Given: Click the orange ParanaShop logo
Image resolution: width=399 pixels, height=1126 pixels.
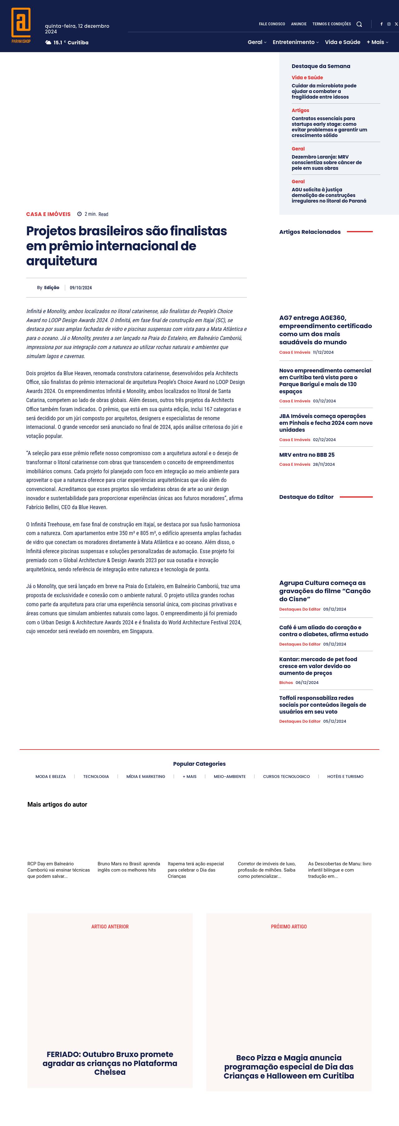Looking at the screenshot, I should pyautogui.click(x=21, y=25).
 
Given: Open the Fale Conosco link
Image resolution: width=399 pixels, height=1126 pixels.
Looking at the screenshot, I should pyautogui.click(x=272, y=24).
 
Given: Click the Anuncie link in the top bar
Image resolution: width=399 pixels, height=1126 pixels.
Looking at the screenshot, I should pyautogui.click(x=299, y=24).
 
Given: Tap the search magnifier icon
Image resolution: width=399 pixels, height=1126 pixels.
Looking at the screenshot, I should pyautogui.click(x=359, y=24).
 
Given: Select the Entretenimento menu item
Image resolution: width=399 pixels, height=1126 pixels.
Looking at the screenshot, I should pyautogui.click(x=293, y=42).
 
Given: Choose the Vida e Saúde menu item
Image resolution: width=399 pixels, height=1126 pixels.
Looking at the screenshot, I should pyautogui.click(x=342, y=42).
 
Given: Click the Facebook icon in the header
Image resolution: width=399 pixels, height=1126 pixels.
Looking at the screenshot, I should pyautogui.click(x=381, y=24).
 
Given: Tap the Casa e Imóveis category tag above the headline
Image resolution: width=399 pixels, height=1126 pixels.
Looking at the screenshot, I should pyautogui.click(x=48, y=214).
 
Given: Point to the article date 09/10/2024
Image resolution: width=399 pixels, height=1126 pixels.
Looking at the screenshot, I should pyautogui.click(x=81, y=288).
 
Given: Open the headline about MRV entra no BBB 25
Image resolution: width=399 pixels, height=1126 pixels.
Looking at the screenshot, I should pyautogui.click(x=306, y=455).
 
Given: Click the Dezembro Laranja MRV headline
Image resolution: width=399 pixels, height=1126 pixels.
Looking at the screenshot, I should pyautogui.click(x=327, y=162).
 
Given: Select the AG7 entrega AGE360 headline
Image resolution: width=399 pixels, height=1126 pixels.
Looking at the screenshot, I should pyautogui.click(x=325, y=330).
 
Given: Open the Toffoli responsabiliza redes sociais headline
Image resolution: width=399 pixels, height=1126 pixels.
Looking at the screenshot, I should pyautogui.click(x=323, y=705).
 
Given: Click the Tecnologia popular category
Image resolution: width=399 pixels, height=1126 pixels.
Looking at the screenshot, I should pyautogui.click(x=96, y=776).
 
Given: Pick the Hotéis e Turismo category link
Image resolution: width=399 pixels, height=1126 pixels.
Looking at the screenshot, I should pyautogui.click(x=345, y=776).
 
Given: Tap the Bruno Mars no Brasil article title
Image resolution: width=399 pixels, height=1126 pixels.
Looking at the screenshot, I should pyautogui.click(x=129, y=867).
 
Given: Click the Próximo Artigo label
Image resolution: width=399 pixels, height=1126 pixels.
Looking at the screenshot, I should pyautogui.click(x=289, y=926).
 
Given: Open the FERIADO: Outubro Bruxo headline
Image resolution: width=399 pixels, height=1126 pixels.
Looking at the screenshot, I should pyautogui.click(x=110, y=1063).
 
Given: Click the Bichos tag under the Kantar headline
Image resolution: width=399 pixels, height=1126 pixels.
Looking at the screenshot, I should pyautogui.click(x=286, y=682).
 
